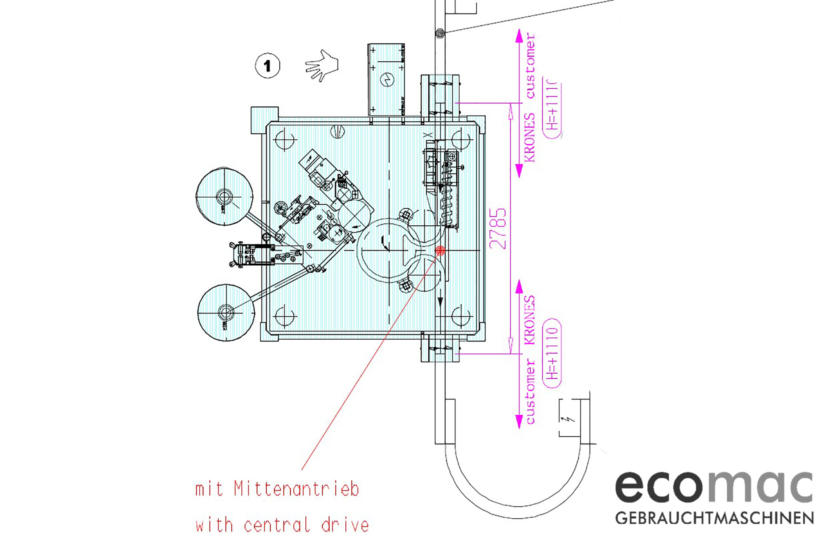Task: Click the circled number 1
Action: [267, 66]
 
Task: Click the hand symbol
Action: [322, 66]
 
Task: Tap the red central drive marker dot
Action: [440, 250]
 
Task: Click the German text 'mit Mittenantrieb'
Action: [277, 489]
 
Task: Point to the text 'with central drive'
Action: [282, 525]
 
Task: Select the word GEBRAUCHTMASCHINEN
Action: [715, 518]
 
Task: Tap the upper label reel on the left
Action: [224, 197]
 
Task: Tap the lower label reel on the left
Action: [226, 312]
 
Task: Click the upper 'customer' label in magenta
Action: [530, 66]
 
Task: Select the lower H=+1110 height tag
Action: [552, 353]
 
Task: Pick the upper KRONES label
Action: [529, 137]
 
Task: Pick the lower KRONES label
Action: [529, 320]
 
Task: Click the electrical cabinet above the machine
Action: [386, 79]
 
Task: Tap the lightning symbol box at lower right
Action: [569, 418]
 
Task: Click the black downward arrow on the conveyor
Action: [440, 302]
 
